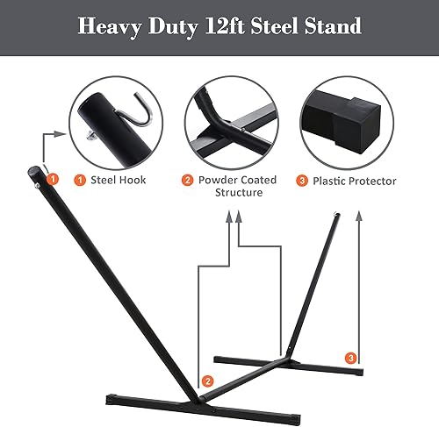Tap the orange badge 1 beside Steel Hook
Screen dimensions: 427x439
(80, 181)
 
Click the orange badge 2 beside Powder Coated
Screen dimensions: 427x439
(187, 181)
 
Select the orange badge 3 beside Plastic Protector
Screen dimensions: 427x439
(301, 181)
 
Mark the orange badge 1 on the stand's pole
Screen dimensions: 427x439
(53, 178)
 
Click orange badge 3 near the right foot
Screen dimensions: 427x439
(351, 359)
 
